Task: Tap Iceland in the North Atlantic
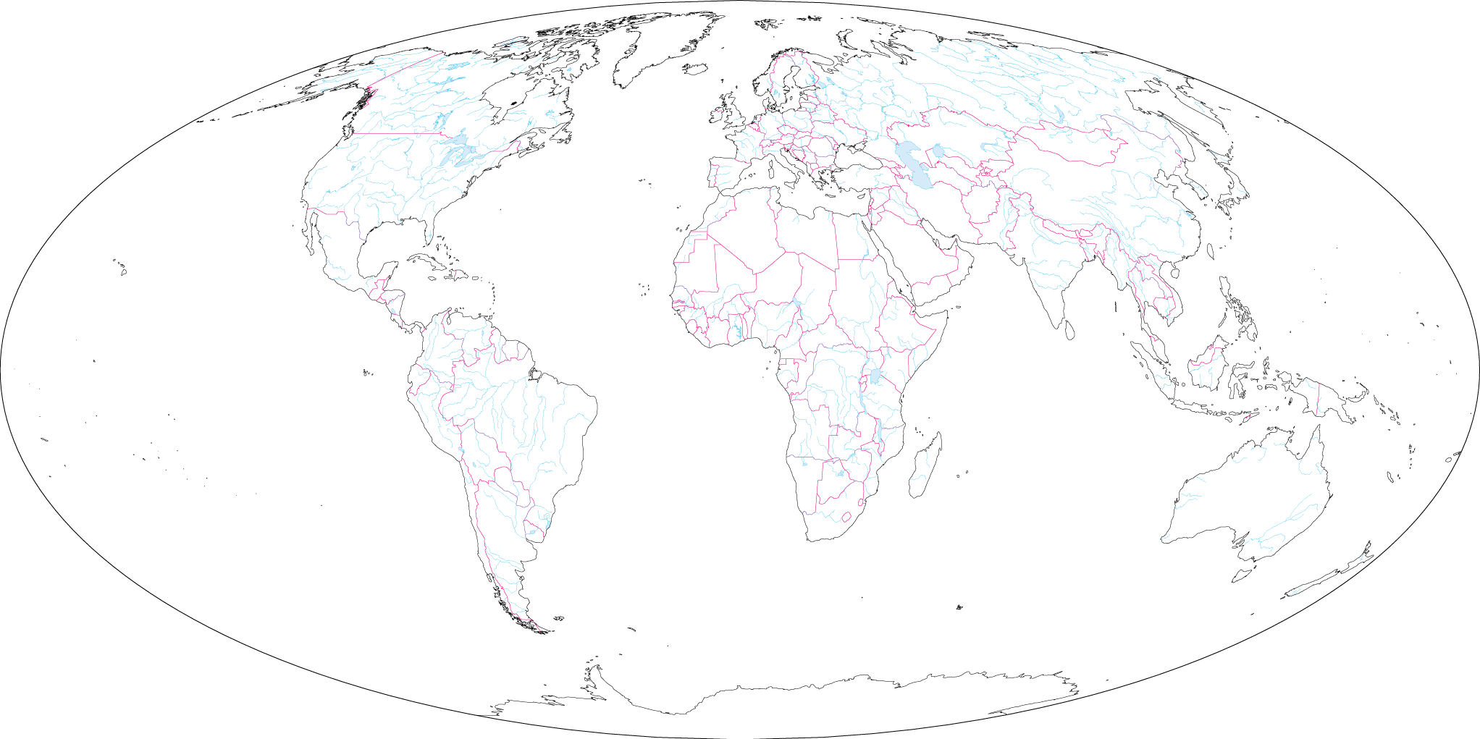point(695,69)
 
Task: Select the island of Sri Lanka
point(1069,329)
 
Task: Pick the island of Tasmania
point(1243,575)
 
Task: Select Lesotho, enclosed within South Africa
point(845,518)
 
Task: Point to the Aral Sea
point(938,151)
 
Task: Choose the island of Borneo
point(1206,369)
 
